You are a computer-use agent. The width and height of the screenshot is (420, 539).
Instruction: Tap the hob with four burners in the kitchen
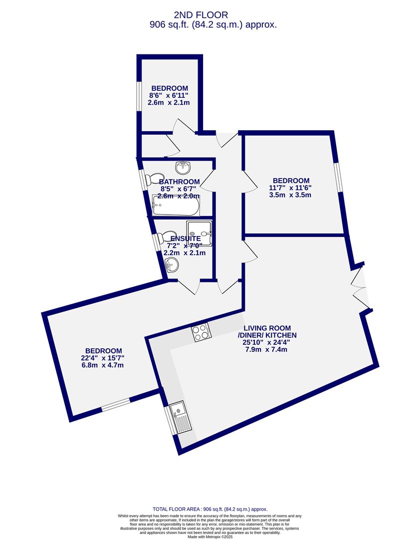tap(201, 332)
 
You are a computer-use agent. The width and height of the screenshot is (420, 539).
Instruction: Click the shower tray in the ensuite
tap(200, 234)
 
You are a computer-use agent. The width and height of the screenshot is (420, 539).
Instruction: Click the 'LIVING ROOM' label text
tap(267, 328)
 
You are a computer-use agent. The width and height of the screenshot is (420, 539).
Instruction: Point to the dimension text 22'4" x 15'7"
tap(103, 358)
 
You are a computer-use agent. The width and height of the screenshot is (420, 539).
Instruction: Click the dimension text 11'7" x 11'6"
tap(291, 188)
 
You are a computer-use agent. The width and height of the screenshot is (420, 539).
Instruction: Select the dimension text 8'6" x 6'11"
tap(169, 95)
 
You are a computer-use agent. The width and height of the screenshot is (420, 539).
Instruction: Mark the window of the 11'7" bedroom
tap(339, 177)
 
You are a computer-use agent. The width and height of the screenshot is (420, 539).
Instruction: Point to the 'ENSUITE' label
tap(184, 239)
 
